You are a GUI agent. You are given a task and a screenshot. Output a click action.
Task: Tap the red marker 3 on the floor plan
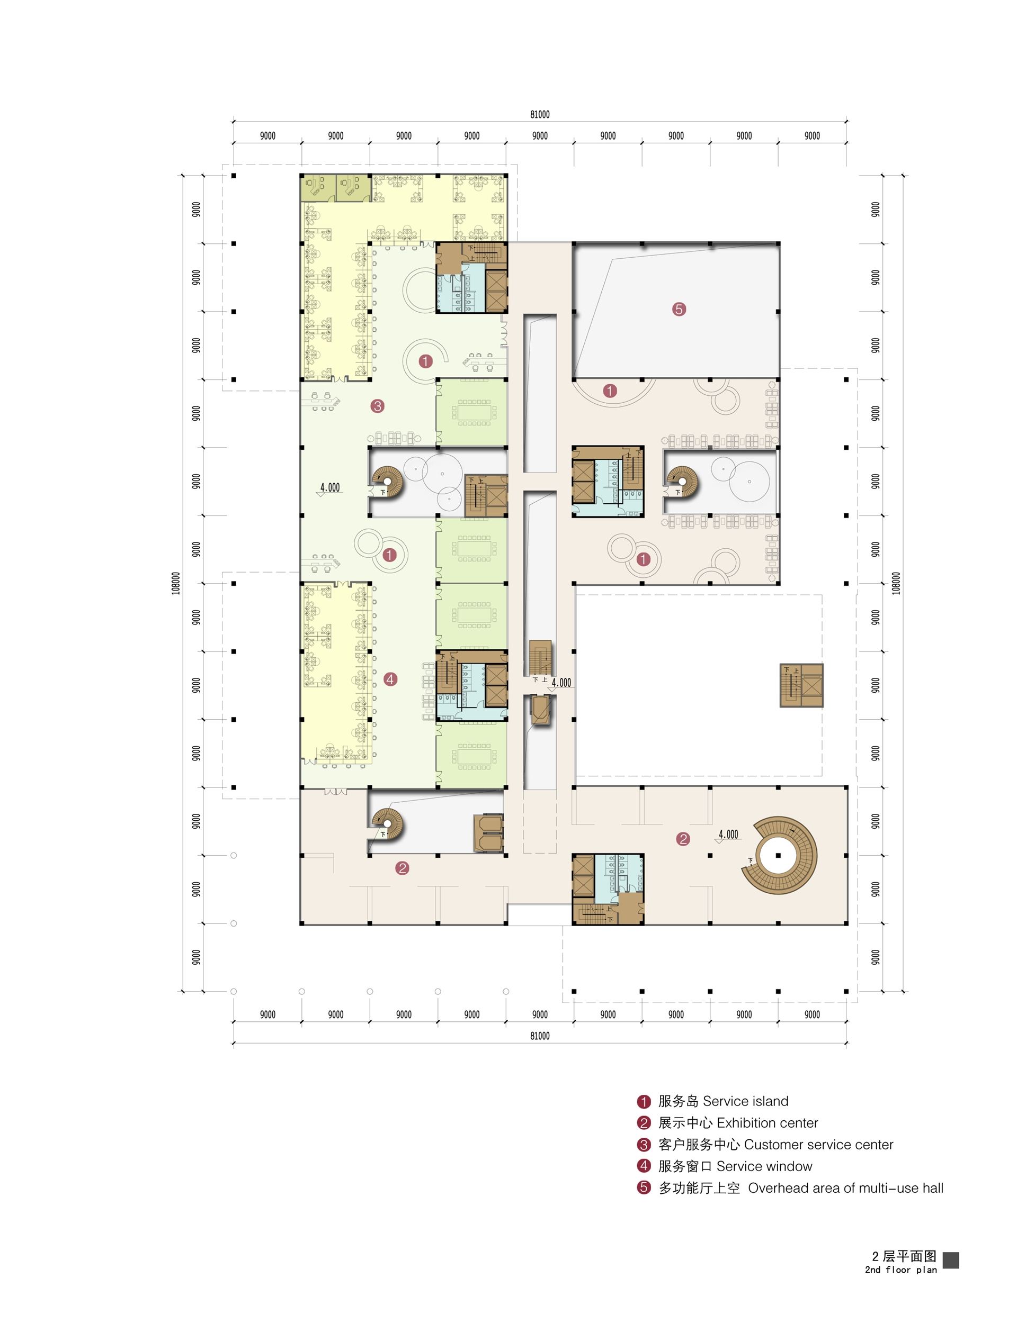click(378, 406)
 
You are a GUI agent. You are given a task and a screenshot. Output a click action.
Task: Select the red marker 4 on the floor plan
click(390, 679)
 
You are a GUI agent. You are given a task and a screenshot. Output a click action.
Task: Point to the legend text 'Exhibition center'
click(768, 1123)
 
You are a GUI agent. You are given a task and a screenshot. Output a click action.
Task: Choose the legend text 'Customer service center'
click(818, 1145)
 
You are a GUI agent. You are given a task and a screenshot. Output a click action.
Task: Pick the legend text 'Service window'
click(764, 1167)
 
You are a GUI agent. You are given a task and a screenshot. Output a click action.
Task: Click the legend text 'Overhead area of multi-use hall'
click(846, 1189)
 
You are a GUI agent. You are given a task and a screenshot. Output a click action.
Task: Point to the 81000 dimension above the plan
click(540, 114)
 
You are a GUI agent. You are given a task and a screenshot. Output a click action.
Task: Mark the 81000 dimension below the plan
click(540, 1036)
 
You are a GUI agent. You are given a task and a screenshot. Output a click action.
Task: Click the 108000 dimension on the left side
click(175, 583)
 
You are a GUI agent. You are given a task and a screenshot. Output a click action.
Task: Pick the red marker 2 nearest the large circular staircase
click(683, 839)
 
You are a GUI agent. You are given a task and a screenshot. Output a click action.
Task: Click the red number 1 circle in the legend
click(644, 1101)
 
